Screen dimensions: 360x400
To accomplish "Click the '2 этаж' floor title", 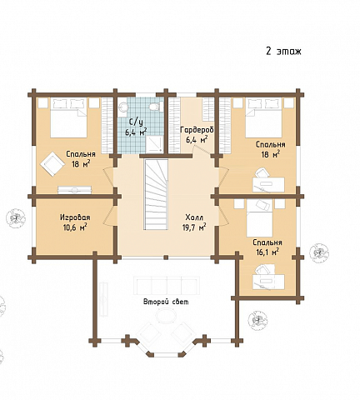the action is [x=283, y=51].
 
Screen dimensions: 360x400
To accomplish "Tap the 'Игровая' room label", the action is [x=75, y=217].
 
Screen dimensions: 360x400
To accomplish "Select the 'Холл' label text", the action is [x=194, y=217].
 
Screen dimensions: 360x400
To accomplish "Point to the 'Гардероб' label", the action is [x=197, y=130].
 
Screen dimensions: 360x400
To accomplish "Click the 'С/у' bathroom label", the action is [x=135, y=122].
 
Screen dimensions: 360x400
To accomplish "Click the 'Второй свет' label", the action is [x=166, y=302].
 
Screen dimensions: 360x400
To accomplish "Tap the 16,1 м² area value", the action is [x=266, y=252].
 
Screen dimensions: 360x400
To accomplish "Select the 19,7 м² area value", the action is [x=194, y=227].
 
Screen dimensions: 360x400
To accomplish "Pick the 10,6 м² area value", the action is [x=75, y=227].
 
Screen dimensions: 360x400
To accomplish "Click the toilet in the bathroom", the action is [x=154, y=107].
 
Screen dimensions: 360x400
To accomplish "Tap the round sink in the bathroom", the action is [x=122, y=107].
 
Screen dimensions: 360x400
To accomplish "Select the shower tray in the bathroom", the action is [x=153, y=143].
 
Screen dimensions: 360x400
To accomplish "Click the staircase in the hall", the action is [x=156, y=194].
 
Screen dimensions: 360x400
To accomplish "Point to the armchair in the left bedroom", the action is [x=52, y=164].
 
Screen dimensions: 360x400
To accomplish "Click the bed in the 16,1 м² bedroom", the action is [x=259, y=218].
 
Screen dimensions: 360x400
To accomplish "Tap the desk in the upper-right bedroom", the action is [x=268, y=184].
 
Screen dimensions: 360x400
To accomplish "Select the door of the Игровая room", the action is [x=109, y=215].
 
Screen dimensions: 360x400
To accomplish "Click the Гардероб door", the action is [x=199, y=150].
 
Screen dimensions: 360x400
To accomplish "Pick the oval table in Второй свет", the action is [x=166, y=316].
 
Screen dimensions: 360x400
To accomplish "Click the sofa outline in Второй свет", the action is [x=166, y=286].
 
